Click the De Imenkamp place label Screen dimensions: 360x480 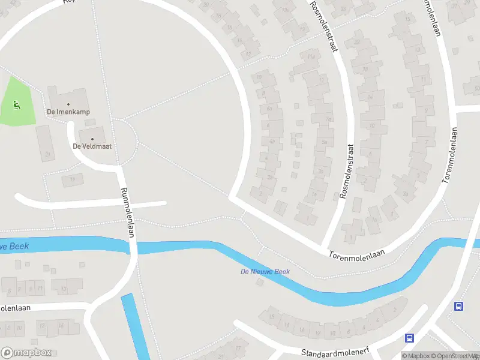68,112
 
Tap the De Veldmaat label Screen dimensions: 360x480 92,146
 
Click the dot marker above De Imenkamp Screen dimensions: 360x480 68,104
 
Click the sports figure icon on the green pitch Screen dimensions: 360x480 16,106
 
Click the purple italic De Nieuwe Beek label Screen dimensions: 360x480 265,272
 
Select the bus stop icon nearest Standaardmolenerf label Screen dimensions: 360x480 410,338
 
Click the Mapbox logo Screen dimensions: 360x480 26,352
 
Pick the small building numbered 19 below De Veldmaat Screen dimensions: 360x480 73,179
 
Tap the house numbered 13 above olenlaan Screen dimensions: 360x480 62,289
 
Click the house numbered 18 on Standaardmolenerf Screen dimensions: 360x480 274,317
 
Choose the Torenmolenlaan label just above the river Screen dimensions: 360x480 356,256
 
